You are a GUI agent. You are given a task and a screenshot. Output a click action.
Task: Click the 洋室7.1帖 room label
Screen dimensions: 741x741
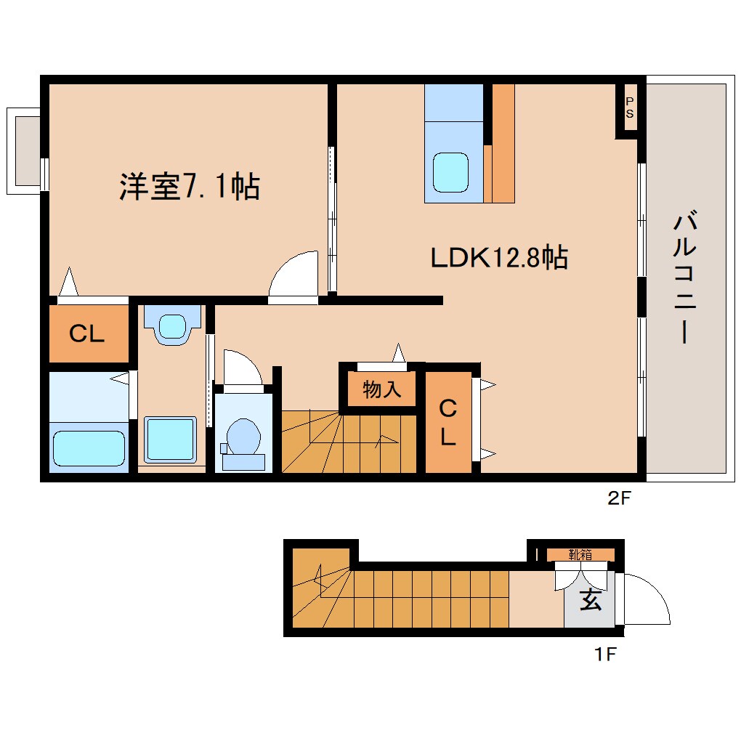click(189, 187)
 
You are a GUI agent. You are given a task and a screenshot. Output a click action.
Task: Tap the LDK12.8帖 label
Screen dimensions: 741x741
click(499, 257)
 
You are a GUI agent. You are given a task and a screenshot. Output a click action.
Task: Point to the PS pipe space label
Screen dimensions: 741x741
click(629, 108)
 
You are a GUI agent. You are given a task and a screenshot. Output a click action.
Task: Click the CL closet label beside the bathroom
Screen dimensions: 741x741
click(87, 334)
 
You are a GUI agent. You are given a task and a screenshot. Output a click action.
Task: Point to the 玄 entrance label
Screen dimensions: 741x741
click(590, 601)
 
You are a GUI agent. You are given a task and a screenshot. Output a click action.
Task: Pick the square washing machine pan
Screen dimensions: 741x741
click(170, 440)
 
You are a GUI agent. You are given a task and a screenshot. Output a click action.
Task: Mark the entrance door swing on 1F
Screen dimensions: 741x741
click(646, 599)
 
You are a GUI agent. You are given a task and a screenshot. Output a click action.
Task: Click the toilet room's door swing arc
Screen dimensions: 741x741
click(240, 369)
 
